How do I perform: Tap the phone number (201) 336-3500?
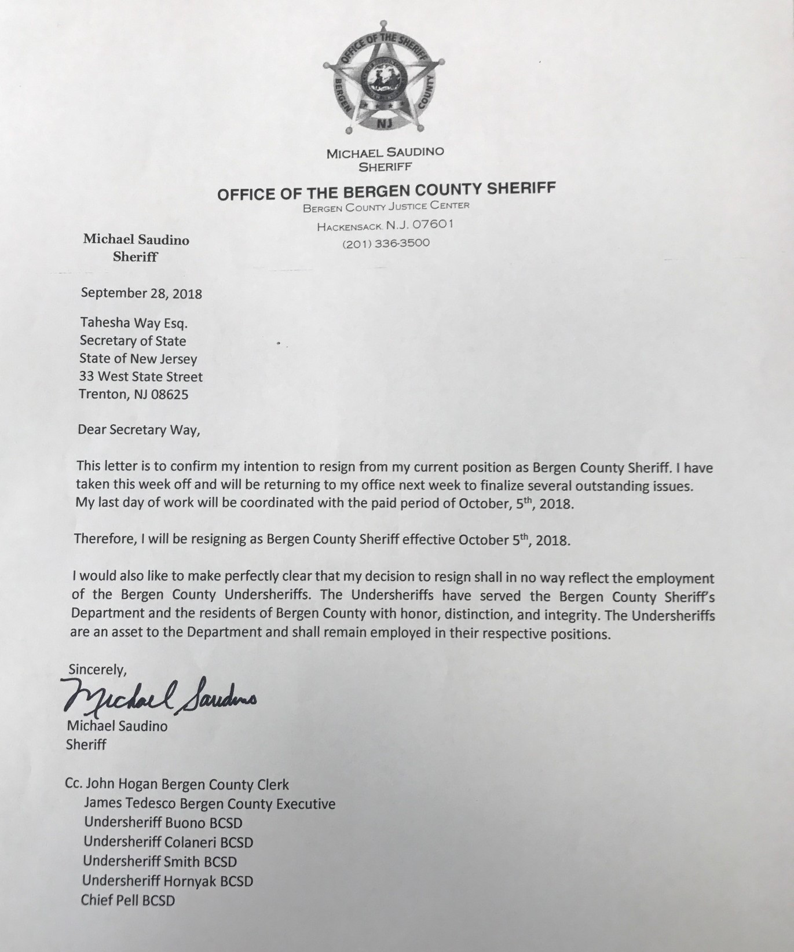point(386,243)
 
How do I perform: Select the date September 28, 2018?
point(141,293)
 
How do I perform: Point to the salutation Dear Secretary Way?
point(138,430)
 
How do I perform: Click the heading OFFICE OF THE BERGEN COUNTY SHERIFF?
point(386,190)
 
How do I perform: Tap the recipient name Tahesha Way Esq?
point(133,323)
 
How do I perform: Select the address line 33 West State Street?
point(141,377)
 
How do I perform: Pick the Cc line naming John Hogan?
point(177,785)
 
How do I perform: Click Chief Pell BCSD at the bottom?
point(128,900)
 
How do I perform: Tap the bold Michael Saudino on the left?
point(136,239)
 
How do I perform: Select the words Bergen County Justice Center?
point(386,206)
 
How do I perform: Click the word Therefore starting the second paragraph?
point(104,539)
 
